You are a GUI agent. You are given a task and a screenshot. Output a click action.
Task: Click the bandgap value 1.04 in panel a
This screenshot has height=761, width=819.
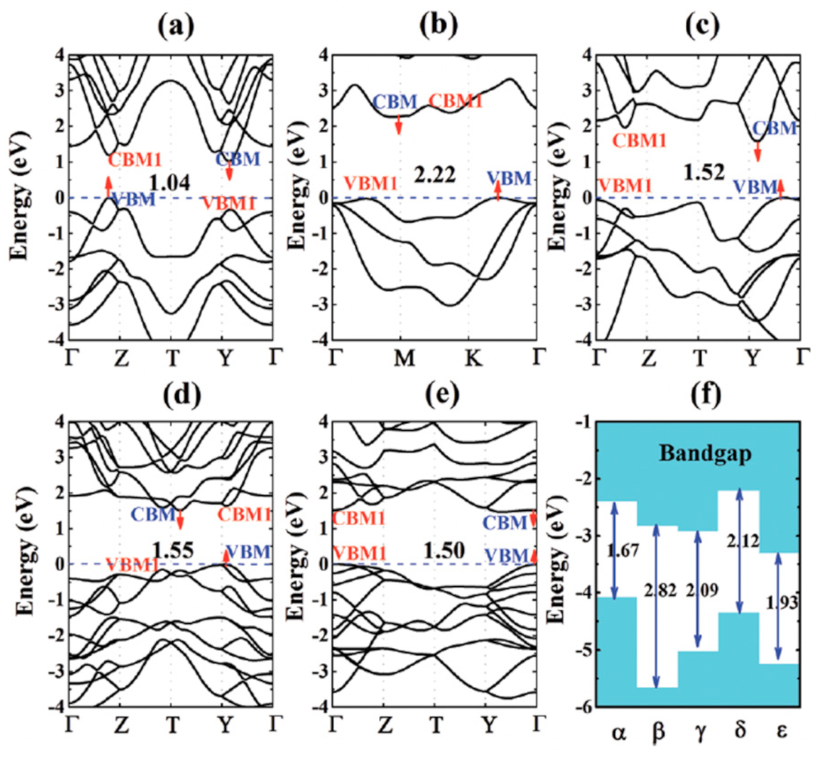pos(169,182)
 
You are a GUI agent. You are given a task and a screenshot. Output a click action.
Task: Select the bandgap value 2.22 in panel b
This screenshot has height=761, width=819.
pos(435,174)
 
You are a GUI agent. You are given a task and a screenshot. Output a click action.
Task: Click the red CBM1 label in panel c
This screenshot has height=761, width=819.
pos(639,140)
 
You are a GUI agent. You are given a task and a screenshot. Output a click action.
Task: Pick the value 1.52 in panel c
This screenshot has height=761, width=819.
pos(703,172)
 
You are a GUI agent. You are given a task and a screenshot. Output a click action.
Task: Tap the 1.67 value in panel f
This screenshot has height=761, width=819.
pos(622,551)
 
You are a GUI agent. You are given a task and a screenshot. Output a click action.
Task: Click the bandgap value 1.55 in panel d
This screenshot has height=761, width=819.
pos(173,550)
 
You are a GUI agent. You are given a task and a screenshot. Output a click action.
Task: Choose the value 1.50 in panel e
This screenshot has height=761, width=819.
pos(443,551)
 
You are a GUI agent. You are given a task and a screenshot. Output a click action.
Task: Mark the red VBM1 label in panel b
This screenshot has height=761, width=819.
pos(371,183)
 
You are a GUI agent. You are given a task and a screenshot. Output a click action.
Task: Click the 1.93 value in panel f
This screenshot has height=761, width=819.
pos(781,602)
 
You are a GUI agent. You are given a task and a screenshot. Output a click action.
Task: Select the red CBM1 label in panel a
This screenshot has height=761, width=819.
pos(134,160)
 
